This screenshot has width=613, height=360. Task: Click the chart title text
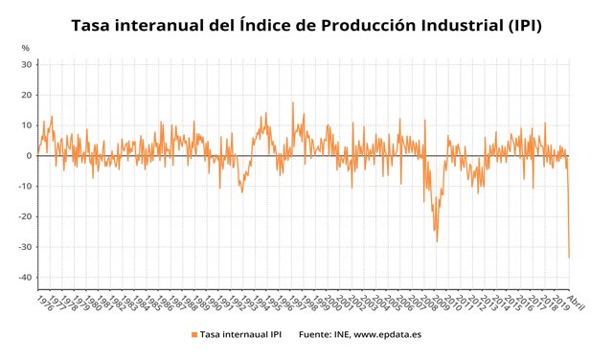tap(306, 25)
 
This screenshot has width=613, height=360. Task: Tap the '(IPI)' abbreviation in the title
tap(519, 25)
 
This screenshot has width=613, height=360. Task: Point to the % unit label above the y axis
tap(25, 48)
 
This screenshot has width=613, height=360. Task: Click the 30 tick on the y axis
tap(27, 64)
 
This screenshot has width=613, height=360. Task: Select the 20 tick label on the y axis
tap(27, 95)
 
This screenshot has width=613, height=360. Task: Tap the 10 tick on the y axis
tap(27, 125)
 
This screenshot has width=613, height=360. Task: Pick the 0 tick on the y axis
tap(30, 156)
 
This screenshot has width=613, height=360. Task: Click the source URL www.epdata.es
tap(388, 335)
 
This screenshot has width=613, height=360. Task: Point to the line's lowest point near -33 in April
tap(570, 257)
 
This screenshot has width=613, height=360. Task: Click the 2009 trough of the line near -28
tap(437, 240)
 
